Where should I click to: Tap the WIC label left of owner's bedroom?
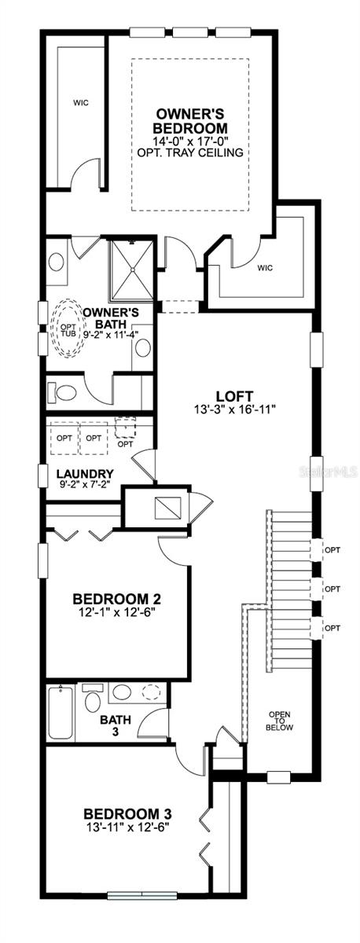[x=80, y=102]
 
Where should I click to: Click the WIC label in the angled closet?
[x=263, y=267]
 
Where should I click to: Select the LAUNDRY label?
[x=85, y=474]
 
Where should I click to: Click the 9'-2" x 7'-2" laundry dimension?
[x=85, y=486]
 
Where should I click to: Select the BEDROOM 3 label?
[x=127, y=813]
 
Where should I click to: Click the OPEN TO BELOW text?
[x=281, y=721]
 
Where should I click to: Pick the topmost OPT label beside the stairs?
[x=332, y=551]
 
